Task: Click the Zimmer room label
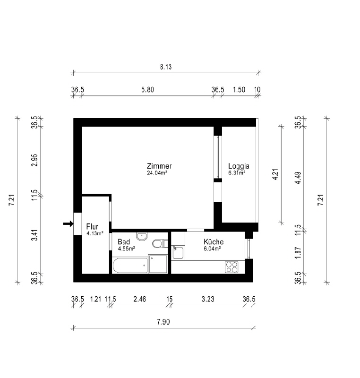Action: (159, 166)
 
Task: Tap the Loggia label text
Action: (239, 166)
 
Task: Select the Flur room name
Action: (92, 227)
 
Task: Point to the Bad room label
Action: (124, 242)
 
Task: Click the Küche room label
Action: (214, 241)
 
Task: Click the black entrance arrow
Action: (68, 223)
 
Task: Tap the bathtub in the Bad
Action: (130, 266)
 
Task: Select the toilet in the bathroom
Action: (160, 243)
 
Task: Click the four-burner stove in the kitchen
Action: (231, 267)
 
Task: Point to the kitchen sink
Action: (178, 252)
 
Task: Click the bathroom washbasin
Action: (142, 236)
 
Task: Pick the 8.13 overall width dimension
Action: (166, 67)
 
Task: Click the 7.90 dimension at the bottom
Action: (163, 322)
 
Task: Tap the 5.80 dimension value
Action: (147, 90)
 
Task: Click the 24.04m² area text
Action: (157, 172)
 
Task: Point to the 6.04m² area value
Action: (213, 249)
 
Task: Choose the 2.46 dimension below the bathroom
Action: (140, 299)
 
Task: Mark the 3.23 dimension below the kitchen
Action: (208, 299)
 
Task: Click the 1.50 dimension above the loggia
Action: (239, 90)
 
